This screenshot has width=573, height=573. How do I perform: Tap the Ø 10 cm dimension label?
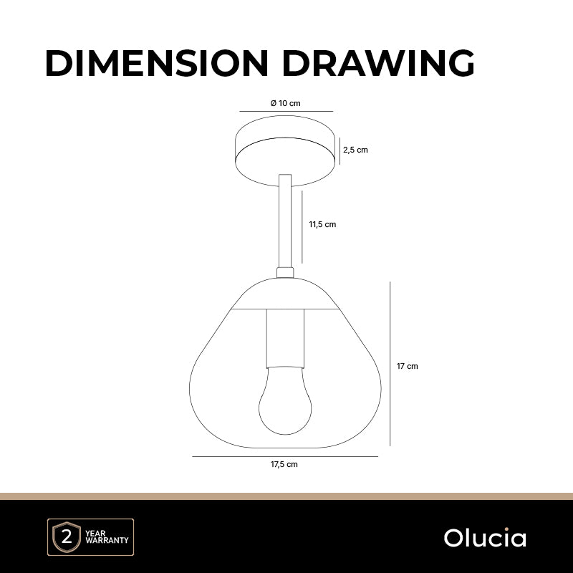285,103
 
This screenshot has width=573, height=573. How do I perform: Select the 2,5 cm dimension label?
355,150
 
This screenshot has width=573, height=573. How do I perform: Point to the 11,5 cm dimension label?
322,224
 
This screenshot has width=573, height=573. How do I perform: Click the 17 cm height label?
407,366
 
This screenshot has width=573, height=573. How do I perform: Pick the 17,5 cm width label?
284,464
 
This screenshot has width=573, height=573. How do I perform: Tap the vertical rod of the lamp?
285,221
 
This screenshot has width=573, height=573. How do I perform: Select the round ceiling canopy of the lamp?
285,150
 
